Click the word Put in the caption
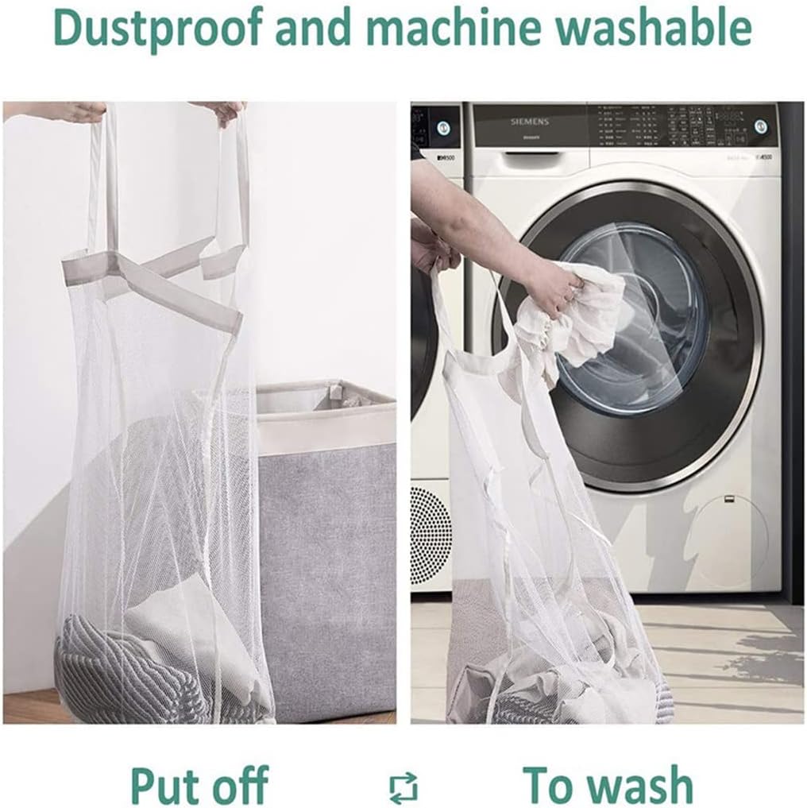coord(167,785)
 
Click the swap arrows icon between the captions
coord(403,787)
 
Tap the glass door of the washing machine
coord(635,318)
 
